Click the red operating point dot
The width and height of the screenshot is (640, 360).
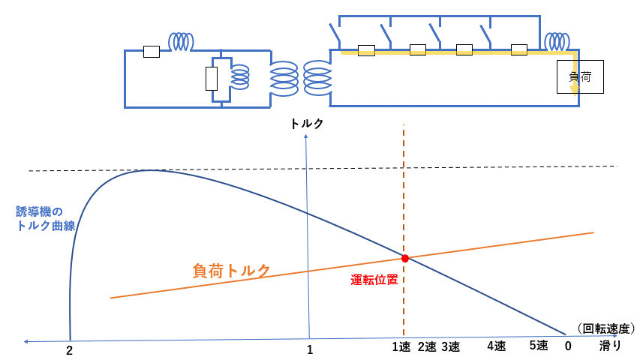[x=405, y=258]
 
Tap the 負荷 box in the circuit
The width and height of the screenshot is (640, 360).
[x=580, y=76]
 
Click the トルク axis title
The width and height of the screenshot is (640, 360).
[x=308, y=124]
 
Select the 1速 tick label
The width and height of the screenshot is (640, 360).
[x=403, y=346]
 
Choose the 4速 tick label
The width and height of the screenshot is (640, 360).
[x=496, y=346]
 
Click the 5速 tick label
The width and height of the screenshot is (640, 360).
[x=539, y=346]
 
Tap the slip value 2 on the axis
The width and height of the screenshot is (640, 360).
[x=69, y=349]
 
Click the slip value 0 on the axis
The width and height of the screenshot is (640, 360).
[x=568, y=346]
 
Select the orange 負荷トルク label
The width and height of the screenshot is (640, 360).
[x=231, y=271]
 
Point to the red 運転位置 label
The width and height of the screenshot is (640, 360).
[x=374, y=280]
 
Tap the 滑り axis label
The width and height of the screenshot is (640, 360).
[x=609, y=346]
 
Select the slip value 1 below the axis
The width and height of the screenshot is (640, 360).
[x=310, y=349]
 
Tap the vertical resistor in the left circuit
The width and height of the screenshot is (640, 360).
[x=212, y=78]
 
